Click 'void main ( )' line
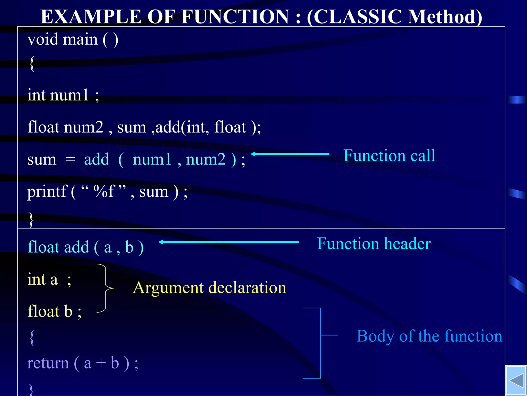(73, 40)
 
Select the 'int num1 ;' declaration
(63, 95)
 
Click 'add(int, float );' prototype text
(208, 127)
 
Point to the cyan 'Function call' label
(389, 155)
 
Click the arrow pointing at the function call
(290, 154)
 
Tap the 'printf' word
(47, 192)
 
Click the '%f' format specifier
(104, 192)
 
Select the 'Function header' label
(374, 244)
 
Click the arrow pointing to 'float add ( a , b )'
(229, 242)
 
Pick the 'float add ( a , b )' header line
(85, 247)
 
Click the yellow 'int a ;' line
(49, 279)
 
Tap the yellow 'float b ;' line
(54, 311)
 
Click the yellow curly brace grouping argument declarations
(106, 288)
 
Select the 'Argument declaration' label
(209, 288)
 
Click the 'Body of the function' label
(429, 336)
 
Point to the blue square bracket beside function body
(320, 343)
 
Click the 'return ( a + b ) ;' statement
(83, 363)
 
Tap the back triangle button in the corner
(516, 381)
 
